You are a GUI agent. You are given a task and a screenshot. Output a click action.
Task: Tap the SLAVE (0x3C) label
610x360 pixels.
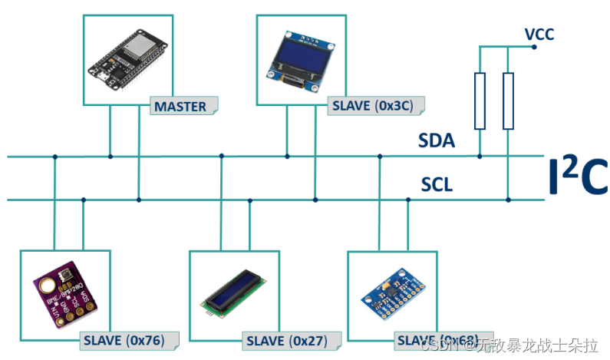pos(374,106)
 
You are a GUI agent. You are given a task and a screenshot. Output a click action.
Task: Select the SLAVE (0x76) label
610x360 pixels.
pos(128,339)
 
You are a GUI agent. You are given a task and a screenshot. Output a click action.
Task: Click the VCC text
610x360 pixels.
pos(539,34)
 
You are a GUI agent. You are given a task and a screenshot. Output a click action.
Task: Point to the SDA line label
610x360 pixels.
pos(437,140)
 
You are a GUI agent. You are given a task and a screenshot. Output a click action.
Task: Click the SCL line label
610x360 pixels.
pos(437,184)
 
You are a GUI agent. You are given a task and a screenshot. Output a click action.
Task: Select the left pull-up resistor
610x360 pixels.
pos(480,101)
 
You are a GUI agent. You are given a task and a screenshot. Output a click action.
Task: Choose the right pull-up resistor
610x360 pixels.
pos(508,101)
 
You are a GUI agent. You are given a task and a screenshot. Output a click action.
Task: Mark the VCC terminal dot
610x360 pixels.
pos(534,46)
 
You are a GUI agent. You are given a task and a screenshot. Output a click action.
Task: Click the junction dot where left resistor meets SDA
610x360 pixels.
pos(480,157)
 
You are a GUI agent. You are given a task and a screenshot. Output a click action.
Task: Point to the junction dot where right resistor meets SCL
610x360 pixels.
pos(508,200)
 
